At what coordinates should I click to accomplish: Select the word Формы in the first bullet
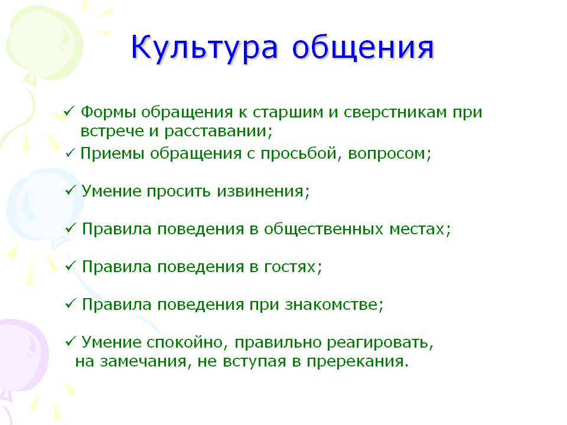108,112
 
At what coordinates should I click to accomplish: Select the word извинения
263,191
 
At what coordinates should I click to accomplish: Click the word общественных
323,229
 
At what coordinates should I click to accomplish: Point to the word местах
420,230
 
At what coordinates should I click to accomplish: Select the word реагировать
380,342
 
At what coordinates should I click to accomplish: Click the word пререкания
357,361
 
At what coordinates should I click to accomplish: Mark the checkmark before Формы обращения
69,112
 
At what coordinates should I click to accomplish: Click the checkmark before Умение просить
70,191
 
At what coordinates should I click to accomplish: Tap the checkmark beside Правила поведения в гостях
70,266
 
